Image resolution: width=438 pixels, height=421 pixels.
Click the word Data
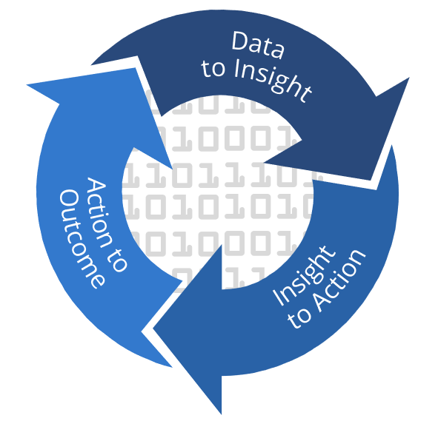(258, 44)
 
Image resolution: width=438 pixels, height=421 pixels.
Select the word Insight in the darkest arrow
(272, 80)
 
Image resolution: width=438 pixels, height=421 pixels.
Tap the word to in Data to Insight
(213, 68)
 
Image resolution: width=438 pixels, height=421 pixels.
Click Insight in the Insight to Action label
(304, 275)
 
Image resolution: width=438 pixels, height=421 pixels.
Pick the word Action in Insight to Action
(339, 280)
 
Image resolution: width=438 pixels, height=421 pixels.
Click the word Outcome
(82, 239)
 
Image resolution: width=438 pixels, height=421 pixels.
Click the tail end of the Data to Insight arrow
(92, 65)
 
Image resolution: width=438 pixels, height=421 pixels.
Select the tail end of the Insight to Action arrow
(391, 146)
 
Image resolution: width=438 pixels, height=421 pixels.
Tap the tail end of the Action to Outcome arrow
(171, 367)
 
